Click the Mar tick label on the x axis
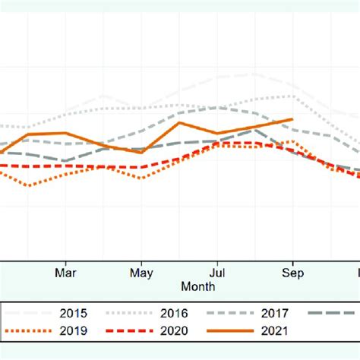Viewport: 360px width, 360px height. pos(66,273)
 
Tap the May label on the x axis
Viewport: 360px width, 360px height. pos(142,273)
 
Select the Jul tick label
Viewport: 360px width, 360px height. pos(217,273)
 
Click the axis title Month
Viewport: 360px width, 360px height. pos(197,286)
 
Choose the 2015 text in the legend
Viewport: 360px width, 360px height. pos(73,313)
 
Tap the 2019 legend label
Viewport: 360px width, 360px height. pos(73,330)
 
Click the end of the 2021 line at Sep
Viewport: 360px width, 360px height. pos(292,119)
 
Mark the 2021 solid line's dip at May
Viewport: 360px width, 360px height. pos(142,152)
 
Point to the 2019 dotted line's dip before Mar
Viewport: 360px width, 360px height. pos(29,185)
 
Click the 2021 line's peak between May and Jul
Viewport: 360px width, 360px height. pos(180,122)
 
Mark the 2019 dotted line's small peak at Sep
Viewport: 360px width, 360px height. pos(291,141)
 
